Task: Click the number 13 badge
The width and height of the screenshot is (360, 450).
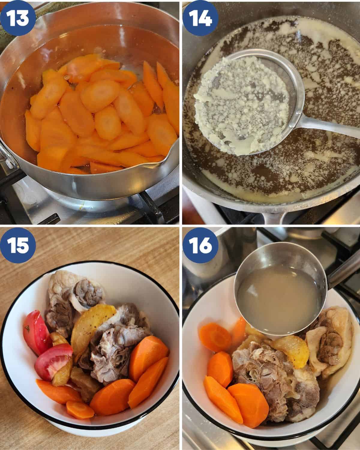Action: pyautogui.click(x=18, y=18)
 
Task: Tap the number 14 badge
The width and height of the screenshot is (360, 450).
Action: pyautogui.click(x=201, y=18)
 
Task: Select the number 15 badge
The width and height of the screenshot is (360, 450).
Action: pyautogui.click(x=18, y=245)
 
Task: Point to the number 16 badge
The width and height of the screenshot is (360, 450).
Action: pyautogui.click(x=201, y=245)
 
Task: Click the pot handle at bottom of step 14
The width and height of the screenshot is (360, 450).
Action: pyautogui.click(x=274, y=217)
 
